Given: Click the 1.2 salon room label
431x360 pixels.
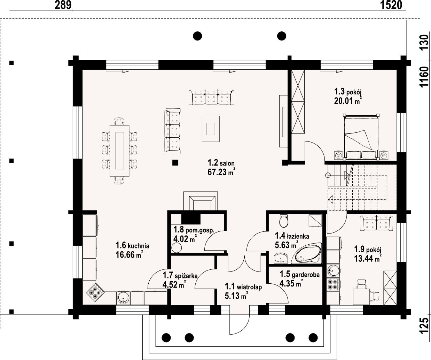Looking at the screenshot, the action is (221, 163).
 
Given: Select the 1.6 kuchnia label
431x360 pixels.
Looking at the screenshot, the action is (132, 245).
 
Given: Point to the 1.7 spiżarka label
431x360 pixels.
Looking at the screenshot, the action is (180, 275).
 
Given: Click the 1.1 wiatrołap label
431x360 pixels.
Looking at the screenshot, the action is (243, 287).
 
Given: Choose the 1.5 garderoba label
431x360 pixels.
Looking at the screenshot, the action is (300, 274).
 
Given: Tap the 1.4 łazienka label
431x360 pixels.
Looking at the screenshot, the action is (292, 236).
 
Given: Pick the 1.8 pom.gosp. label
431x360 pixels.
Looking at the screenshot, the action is (194, 230).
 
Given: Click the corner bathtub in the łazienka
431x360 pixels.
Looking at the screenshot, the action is (306, 253).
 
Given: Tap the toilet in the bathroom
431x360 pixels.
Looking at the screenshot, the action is (283, 221).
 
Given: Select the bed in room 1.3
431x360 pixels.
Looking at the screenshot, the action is (361, 137).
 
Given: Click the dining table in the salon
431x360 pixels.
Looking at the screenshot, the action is (119, 151).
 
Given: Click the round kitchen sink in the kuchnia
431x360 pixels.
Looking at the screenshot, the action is (123, 298).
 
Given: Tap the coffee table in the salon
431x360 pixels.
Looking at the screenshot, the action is (211, 129).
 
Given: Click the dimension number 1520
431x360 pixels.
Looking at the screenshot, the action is (391, 5).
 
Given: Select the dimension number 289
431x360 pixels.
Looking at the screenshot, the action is (63, 5).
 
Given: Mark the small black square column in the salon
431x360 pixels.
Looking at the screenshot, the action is (175, 163).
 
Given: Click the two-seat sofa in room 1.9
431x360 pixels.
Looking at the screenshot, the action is (376, 223).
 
